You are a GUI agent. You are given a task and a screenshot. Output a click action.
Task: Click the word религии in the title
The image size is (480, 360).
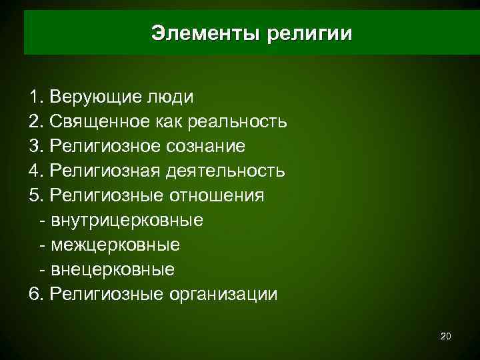pos(309,33)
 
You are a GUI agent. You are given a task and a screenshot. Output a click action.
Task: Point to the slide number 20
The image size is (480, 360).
pos(446,337)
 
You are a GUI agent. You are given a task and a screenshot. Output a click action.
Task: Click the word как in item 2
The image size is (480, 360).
pos(171,121)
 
